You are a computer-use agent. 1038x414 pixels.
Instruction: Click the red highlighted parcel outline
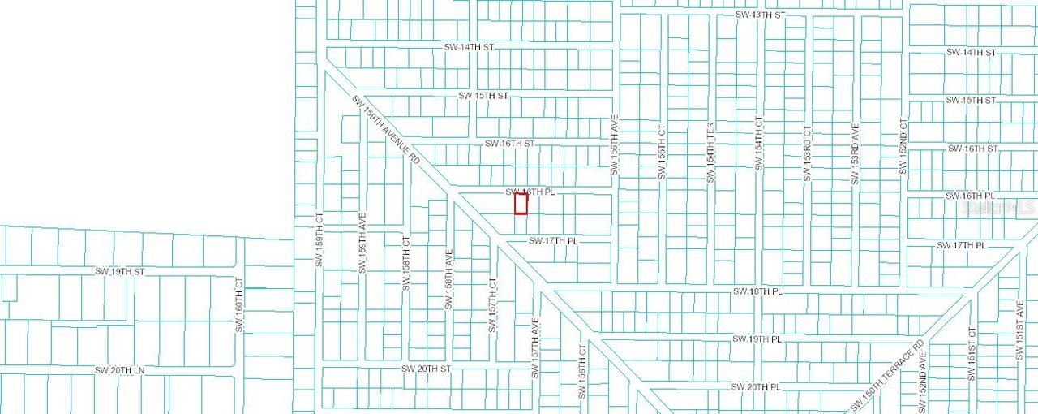pos(521,203)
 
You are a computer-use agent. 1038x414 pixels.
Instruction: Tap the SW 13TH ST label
pos(761,15)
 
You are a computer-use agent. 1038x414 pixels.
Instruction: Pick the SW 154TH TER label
pos(710,153)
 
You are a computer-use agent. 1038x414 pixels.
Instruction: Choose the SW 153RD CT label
pos(807,153)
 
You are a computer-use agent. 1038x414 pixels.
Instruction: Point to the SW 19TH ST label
pos(119,271)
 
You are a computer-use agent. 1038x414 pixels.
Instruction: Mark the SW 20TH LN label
pos(119,370)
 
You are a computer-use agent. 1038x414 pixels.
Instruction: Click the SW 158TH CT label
pos(406,264)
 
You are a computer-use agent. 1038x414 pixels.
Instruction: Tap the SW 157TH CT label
pos(491,305)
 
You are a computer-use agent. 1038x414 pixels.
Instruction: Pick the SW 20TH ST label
pos(426,369)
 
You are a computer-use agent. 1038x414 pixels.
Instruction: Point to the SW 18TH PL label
pos(757,291)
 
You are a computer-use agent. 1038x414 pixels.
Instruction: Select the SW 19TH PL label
pos(756,339)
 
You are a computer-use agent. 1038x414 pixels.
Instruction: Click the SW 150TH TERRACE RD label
pos(888,375)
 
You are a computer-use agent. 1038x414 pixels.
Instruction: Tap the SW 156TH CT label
pos(581,372)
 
